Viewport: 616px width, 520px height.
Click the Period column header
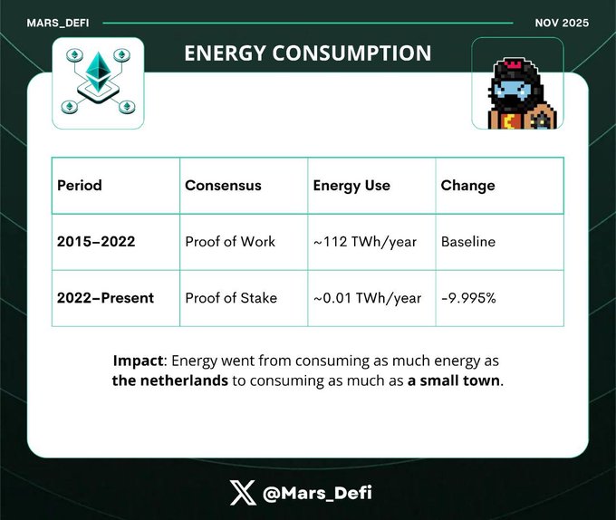[80, 186]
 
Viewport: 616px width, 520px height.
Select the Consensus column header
[223, 186]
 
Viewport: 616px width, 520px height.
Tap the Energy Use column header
[351, 186]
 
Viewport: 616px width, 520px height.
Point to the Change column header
[468, 186]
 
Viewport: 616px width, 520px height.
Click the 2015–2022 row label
[96, 241]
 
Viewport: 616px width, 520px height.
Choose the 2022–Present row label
[105, 298]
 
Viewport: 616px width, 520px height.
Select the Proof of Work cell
[230, 242]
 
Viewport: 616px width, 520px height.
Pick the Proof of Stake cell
[231, 298]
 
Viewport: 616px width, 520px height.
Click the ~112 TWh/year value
[365, 242]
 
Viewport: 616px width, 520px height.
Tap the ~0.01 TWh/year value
[367, 298]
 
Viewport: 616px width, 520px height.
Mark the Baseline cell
[468, 242]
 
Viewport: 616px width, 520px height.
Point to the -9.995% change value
[468, 298]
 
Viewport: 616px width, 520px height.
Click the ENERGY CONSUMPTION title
[308, 53]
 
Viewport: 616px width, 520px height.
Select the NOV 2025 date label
[562, 23]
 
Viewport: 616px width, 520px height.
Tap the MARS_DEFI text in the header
[58, 24]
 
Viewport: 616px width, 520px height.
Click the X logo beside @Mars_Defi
[243, 493]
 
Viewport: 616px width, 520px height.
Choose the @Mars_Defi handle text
[317, 493]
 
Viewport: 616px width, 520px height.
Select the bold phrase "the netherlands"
[169, 380]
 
